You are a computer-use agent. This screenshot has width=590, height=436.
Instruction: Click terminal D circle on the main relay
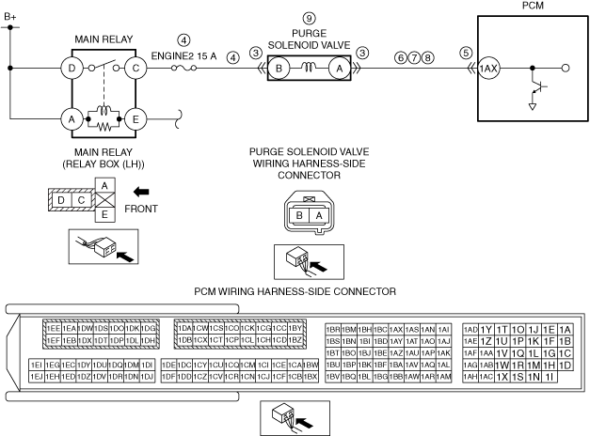[71, 68]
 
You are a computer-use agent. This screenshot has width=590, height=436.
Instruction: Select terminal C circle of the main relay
[136, 68]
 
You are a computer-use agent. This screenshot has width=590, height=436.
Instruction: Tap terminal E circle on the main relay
[136, 119]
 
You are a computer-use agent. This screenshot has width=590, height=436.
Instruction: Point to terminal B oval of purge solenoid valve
[279, 68]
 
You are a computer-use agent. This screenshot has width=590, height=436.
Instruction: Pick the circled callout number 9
[308, 18]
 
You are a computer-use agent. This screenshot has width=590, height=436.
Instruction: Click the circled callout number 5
[466, 53]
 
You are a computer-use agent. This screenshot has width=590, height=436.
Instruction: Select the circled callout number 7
[415, 58]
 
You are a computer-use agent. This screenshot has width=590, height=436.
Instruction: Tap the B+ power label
[10, 16]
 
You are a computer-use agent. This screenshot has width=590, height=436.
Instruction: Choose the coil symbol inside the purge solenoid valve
[308, 68]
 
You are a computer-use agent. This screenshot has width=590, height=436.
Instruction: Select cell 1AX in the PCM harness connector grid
[396, 329]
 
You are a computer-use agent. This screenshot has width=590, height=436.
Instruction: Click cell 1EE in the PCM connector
[54, 328]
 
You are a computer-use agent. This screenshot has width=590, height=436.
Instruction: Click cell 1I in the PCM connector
[549, 377]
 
